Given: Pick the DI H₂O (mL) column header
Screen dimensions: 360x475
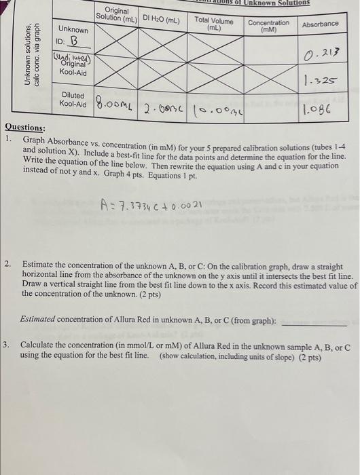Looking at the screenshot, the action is point(161,20).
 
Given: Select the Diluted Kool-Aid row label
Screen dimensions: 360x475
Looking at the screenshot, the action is point(73,99).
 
